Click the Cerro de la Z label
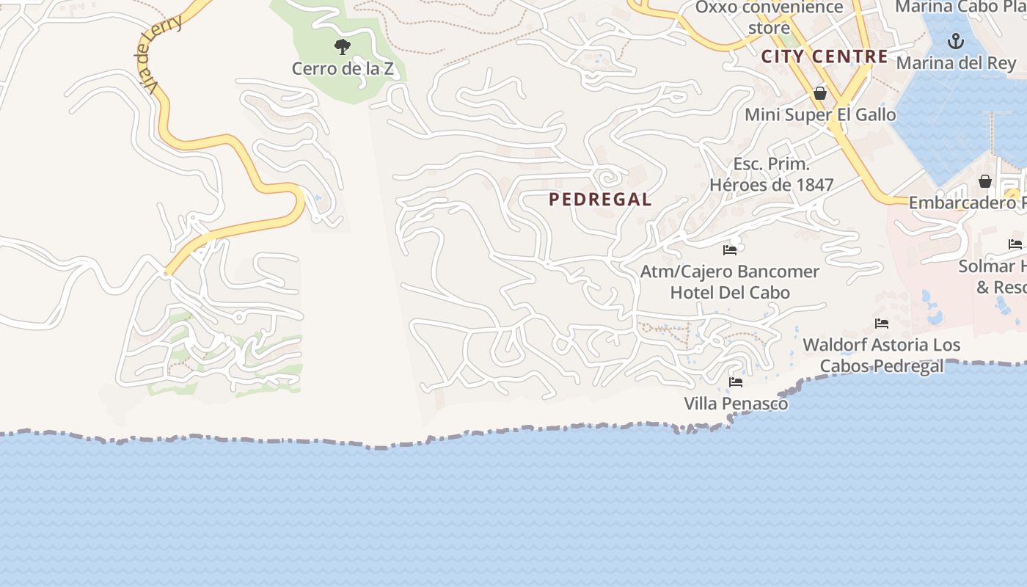pos(343,69)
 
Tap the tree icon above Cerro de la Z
pos(342,48)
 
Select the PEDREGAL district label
pos(600,200)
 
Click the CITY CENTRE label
pos(824,56)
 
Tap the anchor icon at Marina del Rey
pos(955,41)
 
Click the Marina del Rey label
pos(956,63)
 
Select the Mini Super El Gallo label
pos(820,114)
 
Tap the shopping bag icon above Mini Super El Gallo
pos(820,93)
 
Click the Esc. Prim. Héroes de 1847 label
pos(771,174)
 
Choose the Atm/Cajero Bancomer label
pos(730,271)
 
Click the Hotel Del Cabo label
pos(730,292)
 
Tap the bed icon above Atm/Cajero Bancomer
pos(730,250)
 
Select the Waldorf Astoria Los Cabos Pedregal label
pos(881,355)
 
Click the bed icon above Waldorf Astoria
pos(882,324)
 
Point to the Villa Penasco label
pos(736,404)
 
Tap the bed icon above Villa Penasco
pos(736,382)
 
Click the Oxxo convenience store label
pos(769,17)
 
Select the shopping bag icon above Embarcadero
pos(985,181)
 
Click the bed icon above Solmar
pos(1015,244)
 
